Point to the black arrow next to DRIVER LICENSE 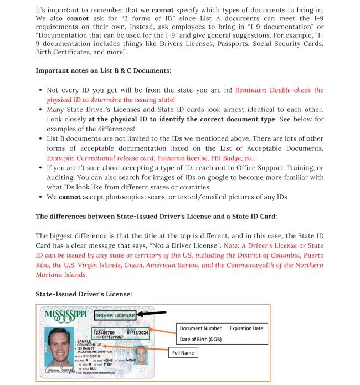(151, 314)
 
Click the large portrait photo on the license (59, 345)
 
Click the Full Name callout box (183, 352)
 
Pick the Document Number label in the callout (200, 328)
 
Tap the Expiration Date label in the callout (246, 328)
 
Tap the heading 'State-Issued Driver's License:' (84, 294)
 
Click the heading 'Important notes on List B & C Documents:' (104, 70)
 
